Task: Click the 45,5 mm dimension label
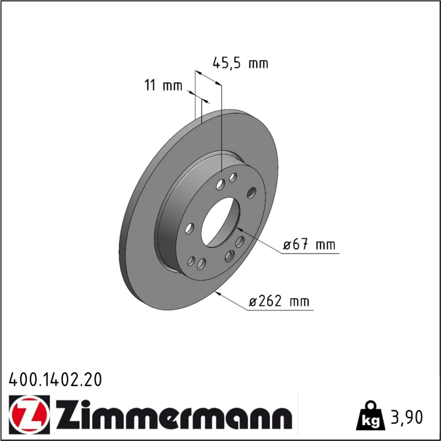pos(240,63)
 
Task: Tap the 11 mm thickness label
pos(164,85)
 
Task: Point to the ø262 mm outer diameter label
pos(279,301)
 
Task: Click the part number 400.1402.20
pos(56,380)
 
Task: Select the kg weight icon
pos(370,417)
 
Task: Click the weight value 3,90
pos(407,417)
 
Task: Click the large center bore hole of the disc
pos(221,222)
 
